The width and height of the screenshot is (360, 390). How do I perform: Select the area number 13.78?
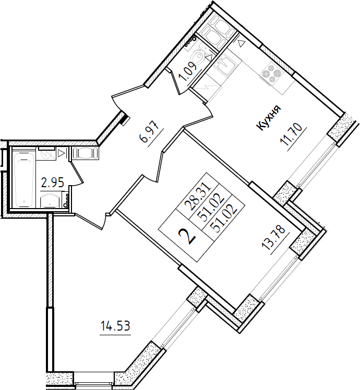276,239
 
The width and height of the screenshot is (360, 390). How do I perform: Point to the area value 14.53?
115,325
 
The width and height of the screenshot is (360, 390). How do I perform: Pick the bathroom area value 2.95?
53,183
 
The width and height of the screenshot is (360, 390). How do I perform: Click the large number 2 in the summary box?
188,237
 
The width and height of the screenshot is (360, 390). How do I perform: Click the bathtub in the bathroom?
24,177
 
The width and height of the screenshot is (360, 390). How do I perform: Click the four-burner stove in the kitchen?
271,72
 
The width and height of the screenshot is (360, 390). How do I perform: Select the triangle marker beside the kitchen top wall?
241,44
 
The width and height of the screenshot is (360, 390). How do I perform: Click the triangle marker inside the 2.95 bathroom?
61,153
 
